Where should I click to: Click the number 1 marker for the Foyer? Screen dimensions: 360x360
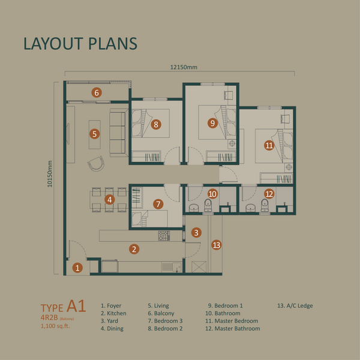click(77, 268)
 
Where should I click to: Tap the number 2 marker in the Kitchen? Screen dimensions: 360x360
click(134, 248)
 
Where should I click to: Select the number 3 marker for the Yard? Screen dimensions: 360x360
click(196, 232)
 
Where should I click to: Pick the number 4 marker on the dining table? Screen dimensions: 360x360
click(109, 199)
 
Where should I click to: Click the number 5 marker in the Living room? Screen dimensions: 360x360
click(95, 134)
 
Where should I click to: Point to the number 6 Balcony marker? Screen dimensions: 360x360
click(96, 92)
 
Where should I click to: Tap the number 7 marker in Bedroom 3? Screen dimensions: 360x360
click(158, 204)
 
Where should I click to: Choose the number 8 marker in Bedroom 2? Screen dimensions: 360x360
click(156, 125)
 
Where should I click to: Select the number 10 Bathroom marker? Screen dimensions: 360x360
click(212, 193)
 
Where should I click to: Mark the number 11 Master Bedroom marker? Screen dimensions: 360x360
click(269, 145)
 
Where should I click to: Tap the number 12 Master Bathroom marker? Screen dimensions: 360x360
click(269, 193)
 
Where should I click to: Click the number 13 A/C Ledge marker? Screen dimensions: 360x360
click(217, 244)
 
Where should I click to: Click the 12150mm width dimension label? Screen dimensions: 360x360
click(182, 67)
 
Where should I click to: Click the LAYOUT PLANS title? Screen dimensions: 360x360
click(80, 43)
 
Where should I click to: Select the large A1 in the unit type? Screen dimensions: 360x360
click(77, 306)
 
